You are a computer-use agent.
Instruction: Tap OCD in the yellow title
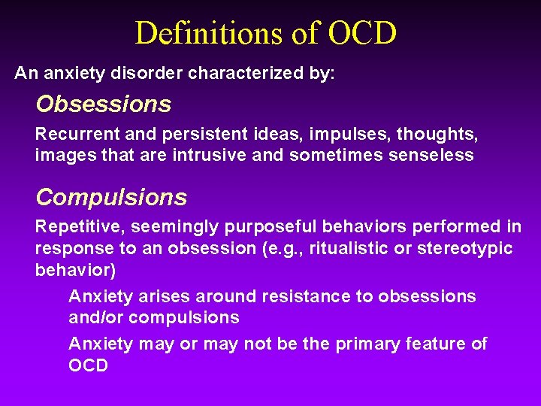point(363,33)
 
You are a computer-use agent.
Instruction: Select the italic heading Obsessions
point(104,104)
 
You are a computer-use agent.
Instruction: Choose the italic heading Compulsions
point(111,197)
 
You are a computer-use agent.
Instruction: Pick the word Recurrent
point(71,135)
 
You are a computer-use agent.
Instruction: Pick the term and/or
point(95,317)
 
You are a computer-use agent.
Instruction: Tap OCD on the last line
point(89,365)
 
